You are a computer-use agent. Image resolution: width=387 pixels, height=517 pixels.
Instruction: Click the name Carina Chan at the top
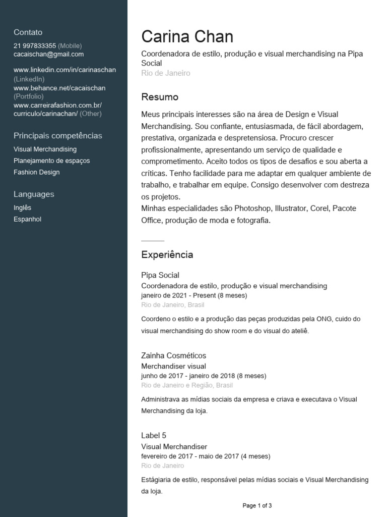coord(187,37)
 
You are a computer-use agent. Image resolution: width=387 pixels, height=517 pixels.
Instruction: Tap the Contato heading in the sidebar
coord(28,32)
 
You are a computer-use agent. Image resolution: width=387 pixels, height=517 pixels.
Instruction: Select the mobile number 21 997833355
coord(35,45)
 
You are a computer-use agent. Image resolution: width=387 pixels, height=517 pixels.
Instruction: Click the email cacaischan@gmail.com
coord(48,54)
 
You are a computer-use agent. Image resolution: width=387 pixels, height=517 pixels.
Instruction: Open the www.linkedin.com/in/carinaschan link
coord(64,70)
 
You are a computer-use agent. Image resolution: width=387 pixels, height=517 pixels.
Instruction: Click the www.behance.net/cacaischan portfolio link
coord(59,88)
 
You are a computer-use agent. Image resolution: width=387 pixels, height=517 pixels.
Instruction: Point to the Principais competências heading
coord(57,136)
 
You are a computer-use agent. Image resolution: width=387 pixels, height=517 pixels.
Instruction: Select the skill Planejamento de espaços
coord(51,161)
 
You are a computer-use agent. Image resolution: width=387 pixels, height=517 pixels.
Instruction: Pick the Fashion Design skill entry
coord(36,172)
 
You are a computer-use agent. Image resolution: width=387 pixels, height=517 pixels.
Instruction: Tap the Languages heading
coord(34,194)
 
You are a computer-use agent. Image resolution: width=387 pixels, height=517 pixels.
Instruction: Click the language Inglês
coord(22,208)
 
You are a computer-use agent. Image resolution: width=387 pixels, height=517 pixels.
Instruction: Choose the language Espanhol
coord(27,220)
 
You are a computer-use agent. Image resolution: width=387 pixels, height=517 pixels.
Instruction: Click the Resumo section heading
coord(160,97)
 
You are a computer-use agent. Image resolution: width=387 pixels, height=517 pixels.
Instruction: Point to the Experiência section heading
coord(167,255)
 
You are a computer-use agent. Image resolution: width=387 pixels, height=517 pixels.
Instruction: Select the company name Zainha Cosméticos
coord(173,355)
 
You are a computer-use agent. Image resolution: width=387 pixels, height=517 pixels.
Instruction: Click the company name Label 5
coord(154,435)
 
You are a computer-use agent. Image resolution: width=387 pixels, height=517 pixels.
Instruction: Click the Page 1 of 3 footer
coord(257,505)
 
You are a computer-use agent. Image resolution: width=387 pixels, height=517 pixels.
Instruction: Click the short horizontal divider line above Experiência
coord(153,240)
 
